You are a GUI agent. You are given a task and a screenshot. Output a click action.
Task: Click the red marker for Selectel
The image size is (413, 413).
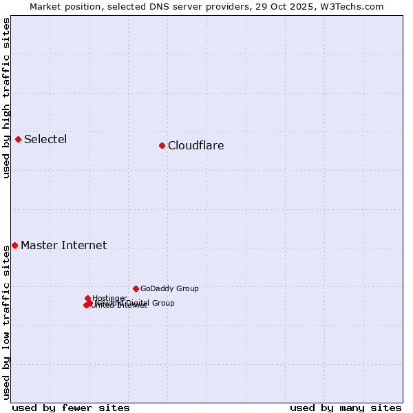(x=18, y=139)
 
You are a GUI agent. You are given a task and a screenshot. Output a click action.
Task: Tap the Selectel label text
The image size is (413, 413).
(x=45, y=139)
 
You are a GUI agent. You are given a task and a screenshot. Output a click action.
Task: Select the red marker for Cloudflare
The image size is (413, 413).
(x=162, y=145)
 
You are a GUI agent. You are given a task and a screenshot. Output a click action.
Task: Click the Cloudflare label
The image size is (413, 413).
(x=195, y=145)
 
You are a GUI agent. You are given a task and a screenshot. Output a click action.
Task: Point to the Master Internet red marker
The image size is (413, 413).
(x=14, y=245)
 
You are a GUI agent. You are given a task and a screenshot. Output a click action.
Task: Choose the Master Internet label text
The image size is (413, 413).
(x=63, y=245)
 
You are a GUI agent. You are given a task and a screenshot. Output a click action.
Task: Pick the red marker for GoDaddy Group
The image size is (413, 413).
(x=136, y=288)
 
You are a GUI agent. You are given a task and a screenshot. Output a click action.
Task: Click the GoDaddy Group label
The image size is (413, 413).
(x=169, y=288)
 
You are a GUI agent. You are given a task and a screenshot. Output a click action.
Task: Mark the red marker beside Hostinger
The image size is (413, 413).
(x=87, y=298)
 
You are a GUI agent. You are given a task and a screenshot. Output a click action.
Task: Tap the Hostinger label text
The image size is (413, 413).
(x=110, y=298)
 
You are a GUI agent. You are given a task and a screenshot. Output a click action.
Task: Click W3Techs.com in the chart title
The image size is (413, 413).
(x=356, y=6)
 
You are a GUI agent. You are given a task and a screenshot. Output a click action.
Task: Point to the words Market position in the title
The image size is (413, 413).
(x=60, y=6)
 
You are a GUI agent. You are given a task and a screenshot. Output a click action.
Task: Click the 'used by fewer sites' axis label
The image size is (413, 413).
(x=71, y=407)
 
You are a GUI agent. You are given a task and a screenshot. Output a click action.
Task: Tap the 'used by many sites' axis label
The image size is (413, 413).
(x=346, y=407)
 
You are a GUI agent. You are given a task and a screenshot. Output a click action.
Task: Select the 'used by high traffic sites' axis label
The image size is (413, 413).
(x=6, y=98)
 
